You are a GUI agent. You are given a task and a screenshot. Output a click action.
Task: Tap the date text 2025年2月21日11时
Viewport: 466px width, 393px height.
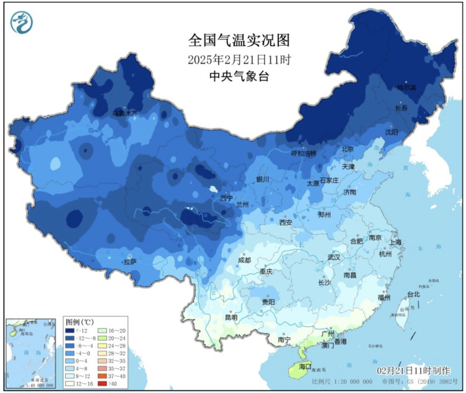pyautogui.click(x=239, y=60)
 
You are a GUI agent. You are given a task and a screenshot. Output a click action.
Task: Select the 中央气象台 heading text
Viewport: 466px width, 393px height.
pyautogui.click(x=239, y=76)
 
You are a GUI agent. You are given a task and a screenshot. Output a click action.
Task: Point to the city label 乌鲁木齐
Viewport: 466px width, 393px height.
pyautogui.click(x=125, y=113)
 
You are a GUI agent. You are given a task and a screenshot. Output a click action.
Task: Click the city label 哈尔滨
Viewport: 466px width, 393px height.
pyautogui.click(x=407, y=87)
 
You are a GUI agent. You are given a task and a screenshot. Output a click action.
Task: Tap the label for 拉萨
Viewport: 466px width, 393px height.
pyautogui.click(x=130, y=262)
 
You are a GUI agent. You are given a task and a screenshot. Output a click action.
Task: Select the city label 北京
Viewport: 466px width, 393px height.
pyautogui.click(x=347, y=149)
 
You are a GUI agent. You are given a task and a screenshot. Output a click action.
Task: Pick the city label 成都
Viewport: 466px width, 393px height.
pyautogui.click(x=244, y=260)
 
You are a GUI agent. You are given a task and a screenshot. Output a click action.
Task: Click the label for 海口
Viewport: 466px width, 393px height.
pyautogui.click(x=305, y=366)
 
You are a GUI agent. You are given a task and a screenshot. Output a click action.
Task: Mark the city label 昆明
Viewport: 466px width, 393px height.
pyautogui.click(x=231, y=317)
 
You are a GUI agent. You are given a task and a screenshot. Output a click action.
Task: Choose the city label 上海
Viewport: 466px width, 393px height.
pyautogui.click(x=395, y=242)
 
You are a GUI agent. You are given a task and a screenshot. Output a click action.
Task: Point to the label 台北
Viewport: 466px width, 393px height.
pyautogui.click(x=413, y=295)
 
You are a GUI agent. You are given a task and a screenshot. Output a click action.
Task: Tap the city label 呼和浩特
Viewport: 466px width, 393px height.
pyautogui.click(x=303, y=153)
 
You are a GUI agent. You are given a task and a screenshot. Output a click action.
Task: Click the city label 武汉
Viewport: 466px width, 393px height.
pyautogui.click(x=334, y=257)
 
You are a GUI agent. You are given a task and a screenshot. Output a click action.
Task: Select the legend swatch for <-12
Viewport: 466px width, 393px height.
pyautogui.click(x=70, y=331)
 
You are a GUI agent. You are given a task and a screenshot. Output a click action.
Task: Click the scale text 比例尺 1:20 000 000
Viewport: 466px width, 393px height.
pyautogui.click(x=342, y=382)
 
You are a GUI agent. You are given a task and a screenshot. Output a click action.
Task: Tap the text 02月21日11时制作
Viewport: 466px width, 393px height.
pyautogui.click(x=413, y=371)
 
